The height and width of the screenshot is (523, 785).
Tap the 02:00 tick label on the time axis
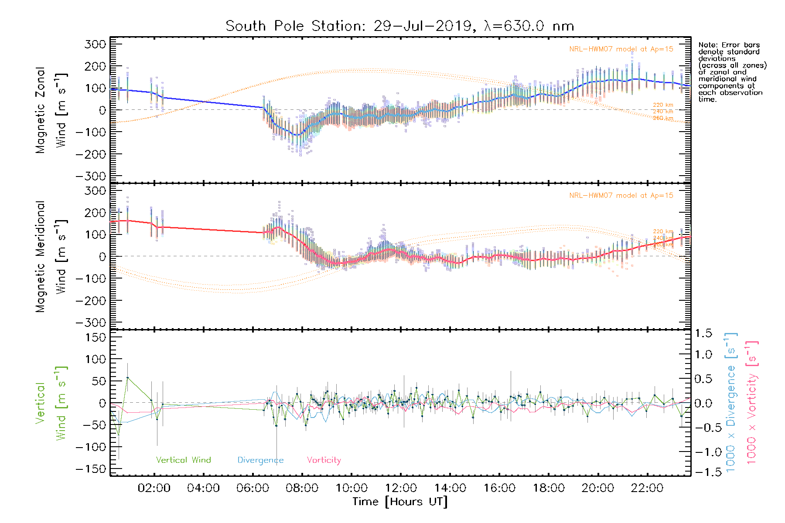(154, 488)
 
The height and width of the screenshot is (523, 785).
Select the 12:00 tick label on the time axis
(401, 488)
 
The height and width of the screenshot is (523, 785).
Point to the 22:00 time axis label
(647, 488)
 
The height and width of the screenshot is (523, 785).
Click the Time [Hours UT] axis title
(400, 502)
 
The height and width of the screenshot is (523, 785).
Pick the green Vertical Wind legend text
(183, 460)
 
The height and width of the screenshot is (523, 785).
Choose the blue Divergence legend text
(260, 460)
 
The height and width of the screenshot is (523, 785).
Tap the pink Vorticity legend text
(324, 460)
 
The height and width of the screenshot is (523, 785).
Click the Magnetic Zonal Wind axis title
(51, 110)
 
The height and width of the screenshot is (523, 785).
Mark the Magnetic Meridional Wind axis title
(51, 256)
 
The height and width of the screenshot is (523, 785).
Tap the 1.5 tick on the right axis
(703, 333)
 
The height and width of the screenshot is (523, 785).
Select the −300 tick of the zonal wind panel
(91, 176)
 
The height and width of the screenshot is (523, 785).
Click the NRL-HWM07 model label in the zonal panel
(621, 49)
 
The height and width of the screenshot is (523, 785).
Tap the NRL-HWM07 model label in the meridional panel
(621, 196)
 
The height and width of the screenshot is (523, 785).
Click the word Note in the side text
(706, 45)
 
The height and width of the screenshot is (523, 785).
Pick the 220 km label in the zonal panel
(663, 105)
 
